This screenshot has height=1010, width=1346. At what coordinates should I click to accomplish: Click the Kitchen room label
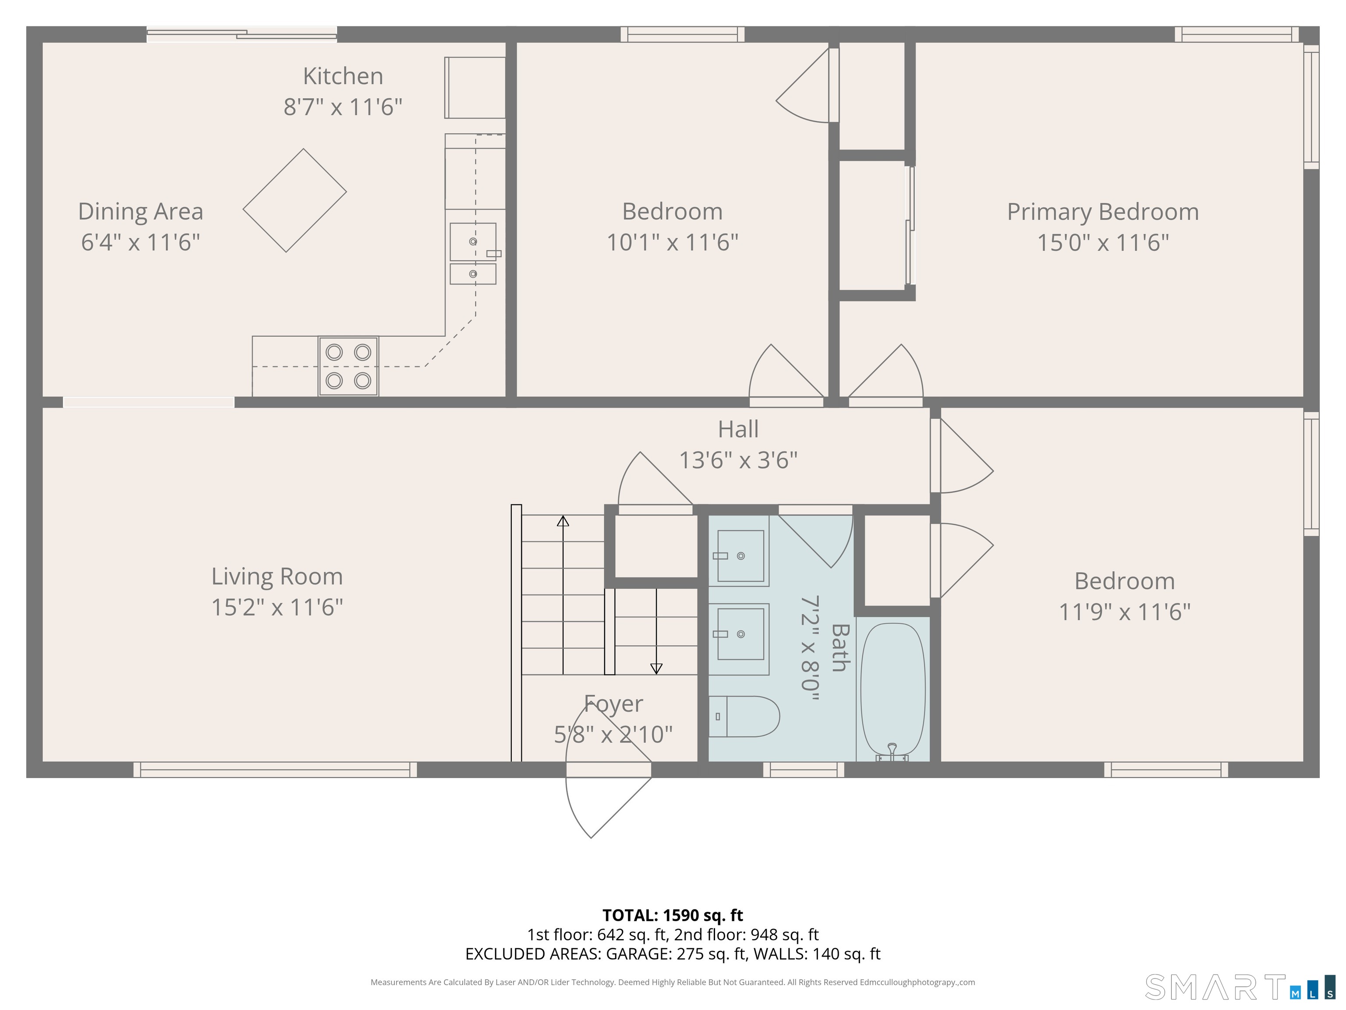point(343,76)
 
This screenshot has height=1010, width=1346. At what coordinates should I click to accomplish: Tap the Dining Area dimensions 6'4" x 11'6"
point(141,242)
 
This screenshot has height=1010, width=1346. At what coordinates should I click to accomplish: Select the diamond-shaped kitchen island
point(294,200)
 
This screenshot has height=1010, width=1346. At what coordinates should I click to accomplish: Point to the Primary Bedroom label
point(1102,212)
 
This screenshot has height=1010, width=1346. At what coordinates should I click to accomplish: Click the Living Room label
point(277,576)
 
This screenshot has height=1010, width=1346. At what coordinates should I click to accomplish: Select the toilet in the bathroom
point(744,717)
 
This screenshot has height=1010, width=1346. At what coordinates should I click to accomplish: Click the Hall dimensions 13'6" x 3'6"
point(738,460)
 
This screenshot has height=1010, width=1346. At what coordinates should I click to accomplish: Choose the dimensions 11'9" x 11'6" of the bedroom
point(1124,612)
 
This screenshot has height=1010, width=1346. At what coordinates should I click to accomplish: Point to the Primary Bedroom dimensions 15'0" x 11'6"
point(1102,242)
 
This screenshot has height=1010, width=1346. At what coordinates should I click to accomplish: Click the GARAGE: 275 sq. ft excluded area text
point(676,953)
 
